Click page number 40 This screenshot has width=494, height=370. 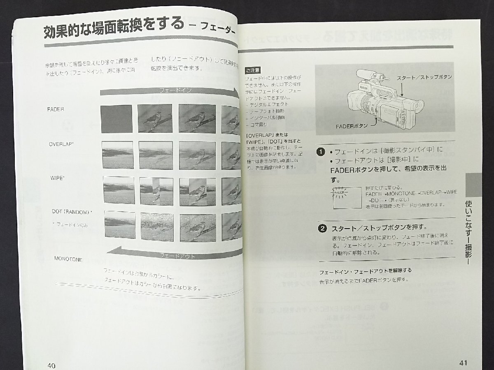point(51,365)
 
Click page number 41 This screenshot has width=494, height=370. point(463,363)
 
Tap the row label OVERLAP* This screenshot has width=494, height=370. point(61,144)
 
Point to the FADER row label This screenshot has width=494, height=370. point(56,109)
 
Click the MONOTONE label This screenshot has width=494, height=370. point(68,259)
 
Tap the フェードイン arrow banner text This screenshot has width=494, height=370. point(175,90)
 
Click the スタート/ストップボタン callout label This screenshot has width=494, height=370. point(424,77)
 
